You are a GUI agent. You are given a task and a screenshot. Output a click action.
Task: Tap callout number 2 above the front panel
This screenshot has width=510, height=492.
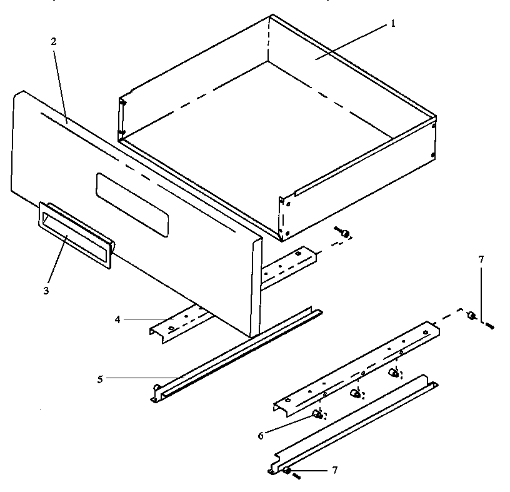click(54, 43)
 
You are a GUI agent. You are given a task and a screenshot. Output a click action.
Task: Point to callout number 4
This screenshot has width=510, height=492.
click(118, 319)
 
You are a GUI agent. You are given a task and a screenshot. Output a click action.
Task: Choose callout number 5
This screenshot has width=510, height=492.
click(100, 378)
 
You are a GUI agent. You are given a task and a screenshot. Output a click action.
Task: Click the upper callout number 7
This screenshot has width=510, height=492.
click(481, 259)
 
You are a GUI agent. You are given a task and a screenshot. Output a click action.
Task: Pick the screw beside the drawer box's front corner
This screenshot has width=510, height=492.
click(343, 233)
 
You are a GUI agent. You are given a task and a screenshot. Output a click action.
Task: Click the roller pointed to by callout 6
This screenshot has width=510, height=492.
click(317, 413)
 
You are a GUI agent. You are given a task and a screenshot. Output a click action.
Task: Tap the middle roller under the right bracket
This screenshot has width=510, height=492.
click(355, 394)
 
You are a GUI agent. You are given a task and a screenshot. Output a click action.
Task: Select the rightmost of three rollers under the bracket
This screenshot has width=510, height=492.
click(394, 374)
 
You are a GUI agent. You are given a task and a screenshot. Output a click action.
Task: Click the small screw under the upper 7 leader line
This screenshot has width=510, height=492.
click(489, 325)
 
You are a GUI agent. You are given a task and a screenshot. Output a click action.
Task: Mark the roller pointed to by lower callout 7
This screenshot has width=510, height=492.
click(286, 469)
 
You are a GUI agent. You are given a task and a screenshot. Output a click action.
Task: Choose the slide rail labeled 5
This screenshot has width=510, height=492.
click(237, 354)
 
